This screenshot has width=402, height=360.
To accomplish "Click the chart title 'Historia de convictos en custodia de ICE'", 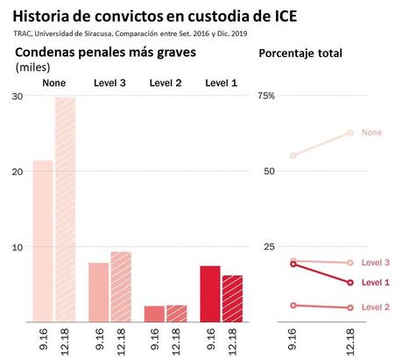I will (x=174, y=15).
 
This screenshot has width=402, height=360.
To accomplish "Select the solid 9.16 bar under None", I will (x=43, y=241).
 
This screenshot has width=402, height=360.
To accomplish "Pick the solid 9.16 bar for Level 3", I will (x=98, y=292).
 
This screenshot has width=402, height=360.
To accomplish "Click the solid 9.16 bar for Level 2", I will (x=154, y=314).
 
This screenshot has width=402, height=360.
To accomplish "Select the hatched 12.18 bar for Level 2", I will (x=177, y=313).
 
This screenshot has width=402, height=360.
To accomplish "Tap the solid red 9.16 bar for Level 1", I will (x=210, y=293).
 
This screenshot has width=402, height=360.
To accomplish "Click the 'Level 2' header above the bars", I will (x=166, y=83).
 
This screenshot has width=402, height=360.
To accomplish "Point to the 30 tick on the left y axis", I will (x=18, y=95).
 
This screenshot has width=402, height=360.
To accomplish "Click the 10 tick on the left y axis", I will (x=18, y=247).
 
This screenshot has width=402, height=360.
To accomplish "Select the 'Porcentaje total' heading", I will (x=300, y=53).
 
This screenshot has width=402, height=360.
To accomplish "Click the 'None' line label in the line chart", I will (x=371, y=132).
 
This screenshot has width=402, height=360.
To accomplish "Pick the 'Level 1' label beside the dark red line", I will (x=376, y=282).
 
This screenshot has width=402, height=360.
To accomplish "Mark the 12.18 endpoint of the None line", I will (x=349, y=132).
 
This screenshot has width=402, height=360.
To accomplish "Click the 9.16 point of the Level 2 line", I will (x=293, y=305).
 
